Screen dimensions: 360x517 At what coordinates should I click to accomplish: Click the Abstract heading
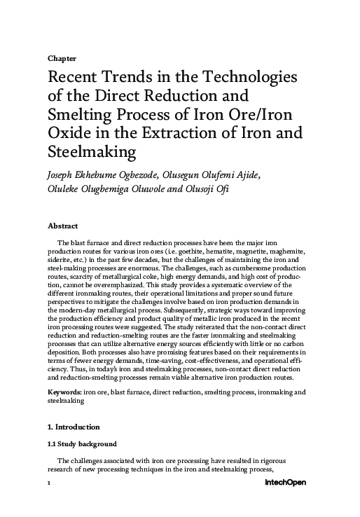(x=62, y=227)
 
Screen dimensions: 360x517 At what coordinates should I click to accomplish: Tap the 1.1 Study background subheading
(x=81, y=444)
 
